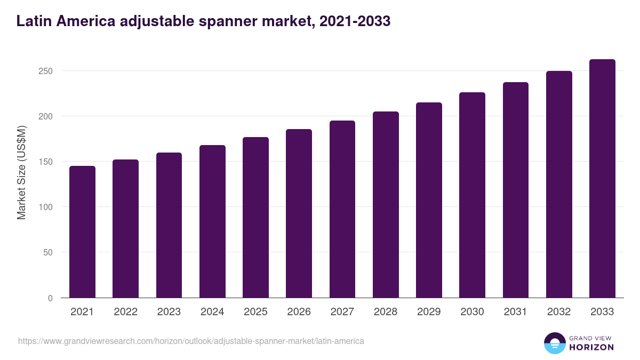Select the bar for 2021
[x=82, y=232]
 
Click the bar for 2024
[x=212, y=221]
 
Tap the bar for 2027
[x=342, y=209]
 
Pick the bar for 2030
[x=472, y=195]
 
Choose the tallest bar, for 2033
[x=602, y=179]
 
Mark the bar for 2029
[x=429, y=200]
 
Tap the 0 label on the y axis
[x=50, y=298]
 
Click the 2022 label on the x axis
[x=125, y=312]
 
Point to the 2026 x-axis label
[x=299, y=312]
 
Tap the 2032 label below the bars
[x=559, y=312]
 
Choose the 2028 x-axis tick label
[x=386, y=312]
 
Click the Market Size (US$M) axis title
[x=21, y=172]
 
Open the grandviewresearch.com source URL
[x=191, y=341]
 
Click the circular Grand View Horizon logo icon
[x=554, y=343]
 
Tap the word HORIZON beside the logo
[x=591, y=347]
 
